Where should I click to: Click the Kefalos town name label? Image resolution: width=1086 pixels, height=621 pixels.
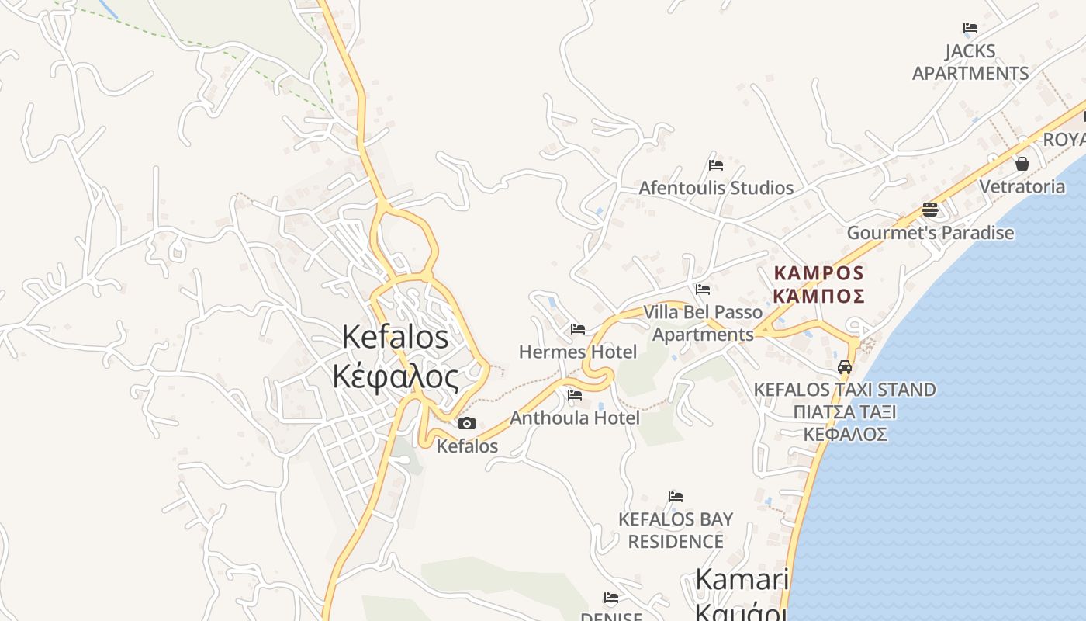coord(395,337)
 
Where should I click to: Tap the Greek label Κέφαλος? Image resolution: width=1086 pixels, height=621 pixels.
coord(395,376)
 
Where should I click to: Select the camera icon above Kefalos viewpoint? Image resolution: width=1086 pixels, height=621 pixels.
coord(466,423)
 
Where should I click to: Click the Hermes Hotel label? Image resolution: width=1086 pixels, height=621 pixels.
coord(577,352)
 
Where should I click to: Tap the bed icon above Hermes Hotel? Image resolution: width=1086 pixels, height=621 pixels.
coord(577,329)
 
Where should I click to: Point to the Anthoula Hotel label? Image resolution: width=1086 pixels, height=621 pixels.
coord(574,418)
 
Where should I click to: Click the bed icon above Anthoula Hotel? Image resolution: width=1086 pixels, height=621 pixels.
coord(574,395)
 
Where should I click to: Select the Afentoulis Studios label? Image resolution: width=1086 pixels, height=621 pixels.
coord(715,188)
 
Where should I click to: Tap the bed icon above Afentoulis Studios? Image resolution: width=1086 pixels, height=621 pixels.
coord(715,165)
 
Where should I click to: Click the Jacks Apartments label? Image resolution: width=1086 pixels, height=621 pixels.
coord(970,62)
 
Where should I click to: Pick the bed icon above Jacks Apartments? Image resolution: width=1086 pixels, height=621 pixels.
coord(970,28)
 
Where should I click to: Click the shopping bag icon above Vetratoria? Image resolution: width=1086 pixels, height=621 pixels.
coord(1022,164)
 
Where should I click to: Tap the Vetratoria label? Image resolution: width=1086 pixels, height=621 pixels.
coord(1022,186)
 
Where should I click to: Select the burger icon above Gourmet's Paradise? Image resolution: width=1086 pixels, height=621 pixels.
coord(929,210)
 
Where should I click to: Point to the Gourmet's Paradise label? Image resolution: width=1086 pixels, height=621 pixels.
coord(929,232)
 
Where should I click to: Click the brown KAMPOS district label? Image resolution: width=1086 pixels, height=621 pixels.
coord(818,273)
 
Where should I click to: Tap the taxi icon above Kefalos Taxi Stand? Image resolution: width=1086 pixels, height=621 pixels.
coord(845,367)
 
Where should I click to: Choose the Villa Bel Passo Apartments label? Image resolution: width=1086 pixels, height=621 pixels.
coord(703,323)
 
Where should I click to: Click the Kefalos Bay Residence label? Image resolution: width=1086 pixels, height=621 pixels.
coord(675,529)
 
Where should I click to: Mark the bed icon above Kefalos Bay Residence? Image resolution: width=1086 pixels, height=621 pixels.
coord(675,497)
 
